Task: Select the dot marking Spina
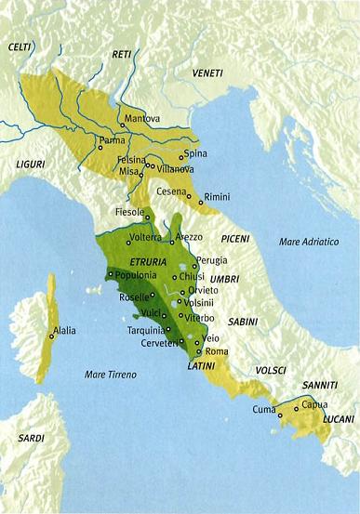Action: click(x=180, y=158)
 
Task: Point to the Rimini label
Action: click(x=217, y=196)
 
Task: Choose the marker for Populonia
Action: click(x=111, y=275)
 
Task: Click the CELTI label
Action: click(x=20, y=46)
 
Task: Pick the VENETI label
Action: click(x=207, y=72)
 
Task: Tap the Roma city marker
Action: click(x=199, y=351)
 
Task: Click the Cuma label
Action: click(x=263, y=407)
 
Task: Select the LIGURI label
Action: click(x=30, y=164)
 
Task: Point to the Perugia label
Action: click(x=212, y=262)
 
